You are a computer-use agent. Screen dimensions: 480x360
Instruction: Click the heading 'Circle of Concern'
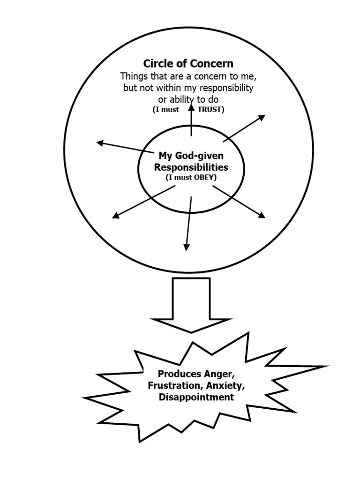point(188,63)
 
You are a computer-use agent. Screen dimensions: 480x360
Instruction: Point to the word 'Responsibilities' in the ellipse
point(191,167)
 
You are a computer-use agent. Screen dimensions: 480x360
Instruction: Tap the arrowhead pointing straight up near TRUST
point(191,107)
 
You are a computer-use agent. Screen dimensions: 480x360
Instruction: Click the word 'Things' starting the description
point(133,76)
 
